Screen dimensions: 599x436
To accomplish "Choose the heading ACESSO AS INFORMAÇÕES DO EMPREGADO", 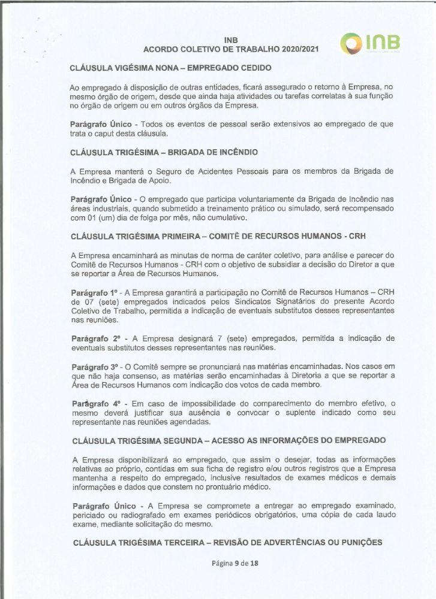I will click(x=228, y=440).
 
